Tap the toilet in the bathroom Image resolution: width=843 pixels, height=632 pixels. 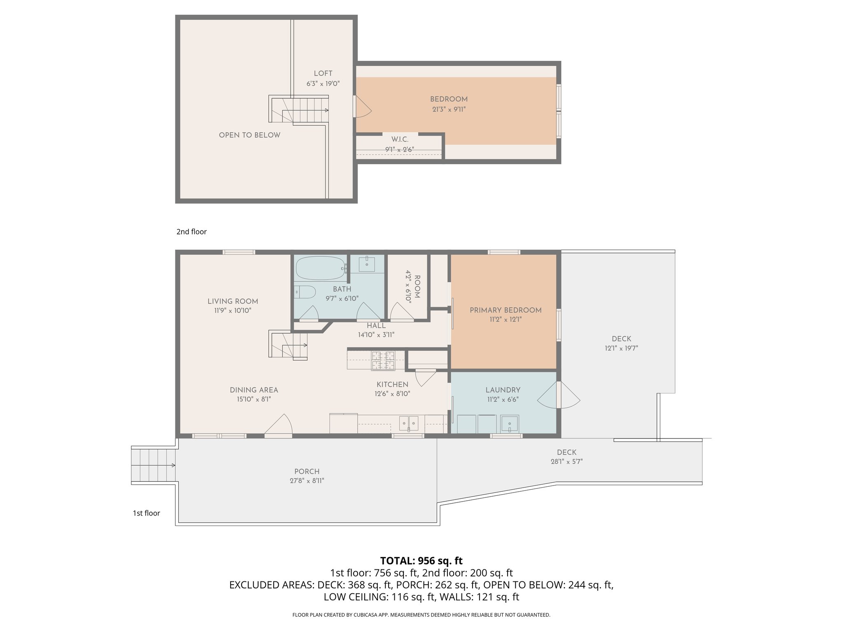pyautogui.click(x=305, y=292)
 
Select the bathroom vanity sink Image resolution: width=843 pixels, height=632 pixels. pyautogui.click(x=366, y=264)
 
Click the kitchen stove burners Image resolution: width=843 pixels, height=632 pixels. pyautogui.click(x=383, y=360)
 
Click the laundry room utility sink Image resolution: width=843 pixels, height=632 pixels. pyautogui.click(x=510, y=423)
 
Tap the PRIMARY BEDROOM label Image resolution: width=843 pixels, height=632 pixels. pyautogui.click(x=505, y=310)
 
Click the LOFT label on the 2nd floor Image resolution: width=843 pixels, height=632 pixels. pyautogui.click(x=323, y=74)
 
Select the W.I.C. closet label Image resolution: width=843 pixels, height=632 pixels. pyautogui.click(x=400, y=140)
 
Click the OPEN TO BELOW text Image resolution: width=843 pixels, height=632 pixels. pyautogui.click(x=249, y=135)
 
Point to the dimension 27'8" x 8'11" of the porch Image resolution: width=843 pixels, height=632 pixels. pyautogui.click(x=307, y=481)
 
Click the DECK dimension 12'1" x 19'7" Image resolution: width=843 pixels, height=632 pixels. pyautogui.click(x=621, y=348)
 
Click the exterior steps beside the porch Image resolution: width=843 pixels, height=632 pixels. pyautogui.click(x=153, y=465)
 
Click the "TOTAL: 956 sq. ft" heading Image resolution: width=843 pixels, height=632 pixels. pyautogui.click(x=421, y=561)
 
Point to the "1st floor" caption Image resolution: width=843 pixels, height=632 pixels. pyautogui.click(x=146, y=513)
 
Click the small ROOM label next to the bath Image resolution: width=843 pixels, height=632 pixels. pyautogui.click(x=417, y=286)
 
